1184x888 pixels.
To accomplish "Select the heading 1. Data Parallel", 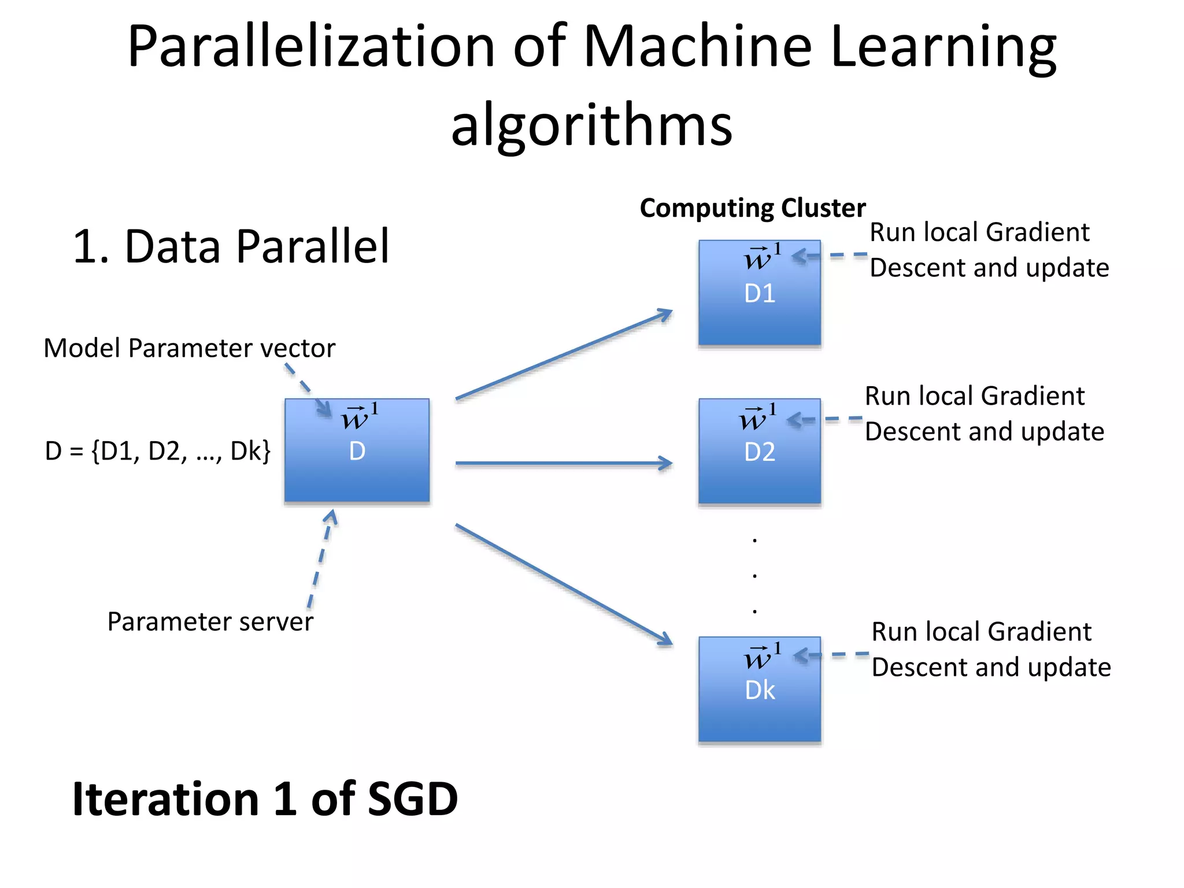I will click(x=231, y=247).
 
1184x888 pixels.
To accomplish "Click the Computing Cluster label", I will click(x=752, y=208).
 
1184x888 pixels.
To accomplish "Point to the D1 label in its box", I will click(x=759, y=294).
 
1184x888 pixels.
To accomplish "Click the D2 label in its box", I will click(x=759, y=452).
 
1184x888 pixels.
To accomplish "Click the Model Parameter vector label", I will click(x=189, y=349).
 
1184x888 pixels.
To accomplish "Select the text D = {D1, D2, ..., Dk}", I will click(x=157, y=452).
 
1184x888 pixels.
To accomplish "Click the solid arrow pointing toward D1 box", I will click(x=564, y=355).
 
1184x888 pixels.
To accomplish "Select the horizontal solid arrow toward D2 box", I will click(x=564, y=463).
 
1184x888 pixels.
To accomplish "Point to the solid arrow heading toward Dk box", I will click(x=564, y=584).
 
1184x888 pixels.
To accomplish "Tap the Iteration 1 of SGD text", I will click(x=265, y=800).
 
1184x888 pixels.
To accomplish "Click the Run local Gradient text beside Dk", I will click(x=981, y=632).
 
